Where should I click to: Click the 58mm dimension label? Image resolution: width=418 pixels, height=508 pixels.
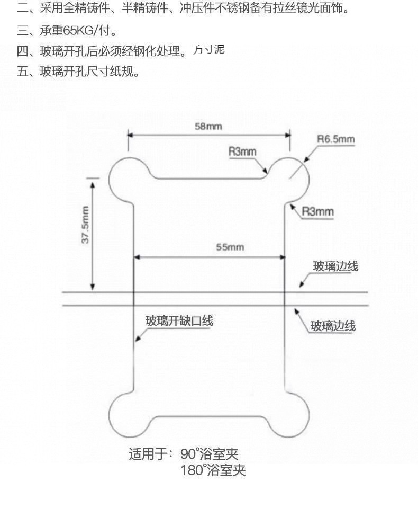tap(208, 126)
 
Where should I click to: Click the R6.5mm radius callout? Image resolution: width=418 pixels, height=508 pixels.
tap(335, 139)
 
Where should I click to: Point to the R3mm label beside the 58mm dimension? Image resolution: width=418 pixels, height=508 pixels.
tap(242, 151)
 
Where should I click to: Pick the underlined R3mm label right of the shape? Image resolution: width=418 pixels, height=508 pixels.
tap(317, 212)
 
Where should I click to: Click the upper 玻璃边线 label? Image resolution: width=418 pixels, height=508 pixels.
tap(335, 266)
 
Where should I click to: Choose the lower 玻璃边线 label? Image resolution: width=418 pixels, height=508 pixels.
tap(333, 326)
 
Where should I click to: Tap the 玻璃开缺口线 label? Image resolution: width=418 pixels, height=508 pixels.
tap(179, 320)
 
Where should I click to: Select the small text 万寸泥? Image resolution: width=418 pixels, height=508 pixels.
tap(208, 50)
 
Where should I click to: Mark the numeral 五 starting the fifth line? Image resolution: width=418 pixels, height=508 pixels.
tap(23, 71)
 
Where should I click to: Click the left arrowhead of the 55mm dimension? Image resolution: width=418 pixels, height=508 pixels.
tap(136, 257)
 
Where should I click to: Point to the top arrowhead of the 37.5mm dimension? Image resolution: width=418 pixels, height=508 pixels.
tap(93, 185)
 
